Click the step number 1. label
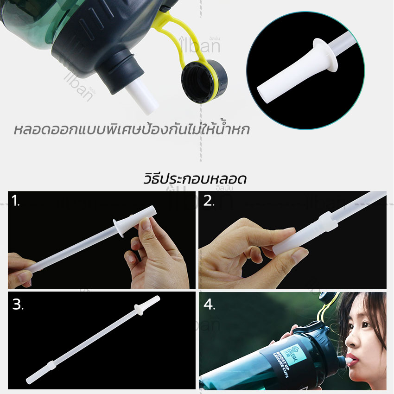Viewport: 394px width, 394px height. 16,201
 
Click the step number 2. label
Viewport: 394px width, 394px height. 209,200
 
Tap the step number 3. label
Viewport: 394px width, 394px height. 17,305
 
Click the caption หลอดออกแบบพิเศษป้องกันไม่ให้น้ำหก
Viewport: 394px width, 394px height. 131,129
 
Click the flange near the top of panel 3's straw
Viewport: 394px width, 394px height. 138,308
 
